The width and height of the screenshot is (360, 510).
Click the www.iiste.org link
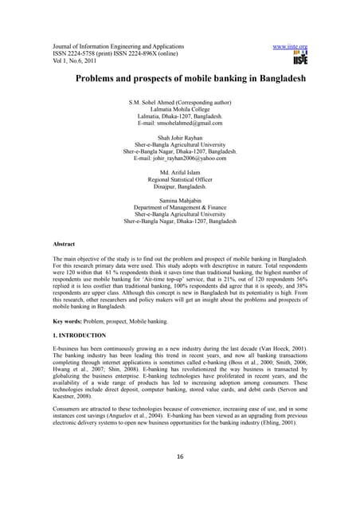click(290, 46)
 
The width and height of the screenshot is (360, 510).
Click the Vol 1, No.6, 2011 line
click(75, 62)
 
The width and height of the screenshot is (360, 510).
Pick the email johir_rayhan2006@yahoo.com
click(180, 158)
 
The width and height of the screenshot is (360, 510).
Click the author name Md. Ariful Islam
click(180, 172)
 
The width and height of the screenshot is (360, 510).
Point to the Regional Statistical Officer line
click(180, 179)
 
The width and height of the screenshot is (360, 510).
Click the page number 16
click(180, 478)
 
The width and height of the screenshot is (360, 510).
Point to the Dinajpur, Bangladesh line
click(180, 186)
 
